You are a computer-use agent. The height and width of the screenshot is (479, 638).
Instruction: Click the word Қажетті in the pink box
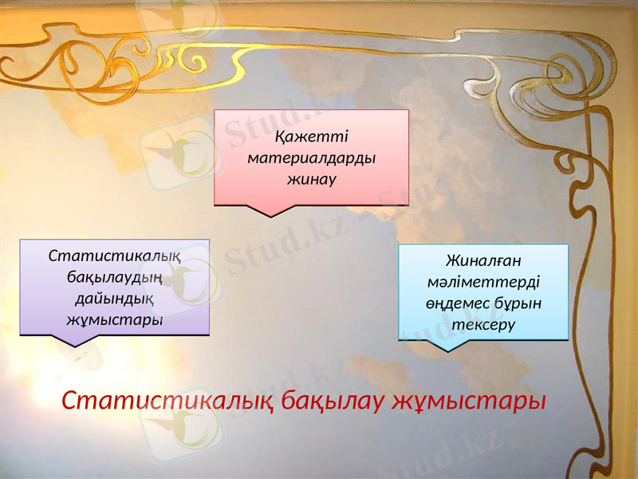click(x=312, y=136)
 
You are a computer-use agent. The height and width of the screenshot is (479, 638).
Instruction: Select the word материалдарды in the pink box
click(x=312, y=157)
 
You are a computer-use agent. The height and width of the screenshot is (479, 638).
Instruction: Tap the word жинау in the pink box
click(x=312, y=179)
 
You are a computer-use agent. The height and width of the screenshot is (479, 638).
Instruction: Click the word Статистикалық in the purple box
click(x=114, y=256)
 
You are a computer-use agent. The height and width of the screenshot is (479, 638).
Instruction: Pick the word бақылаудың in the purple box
click(x=114, y=278)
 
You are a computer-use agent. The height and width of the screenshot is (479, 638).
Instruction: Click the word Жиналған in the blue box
click(x=483, y=261)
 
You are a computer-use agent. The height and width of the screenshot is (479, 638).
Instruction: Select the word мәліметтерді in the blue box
click(x=483, y=283)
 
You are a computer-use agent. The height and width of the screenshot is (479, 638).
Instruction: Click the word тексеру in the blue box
click(x=483, y=326)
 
